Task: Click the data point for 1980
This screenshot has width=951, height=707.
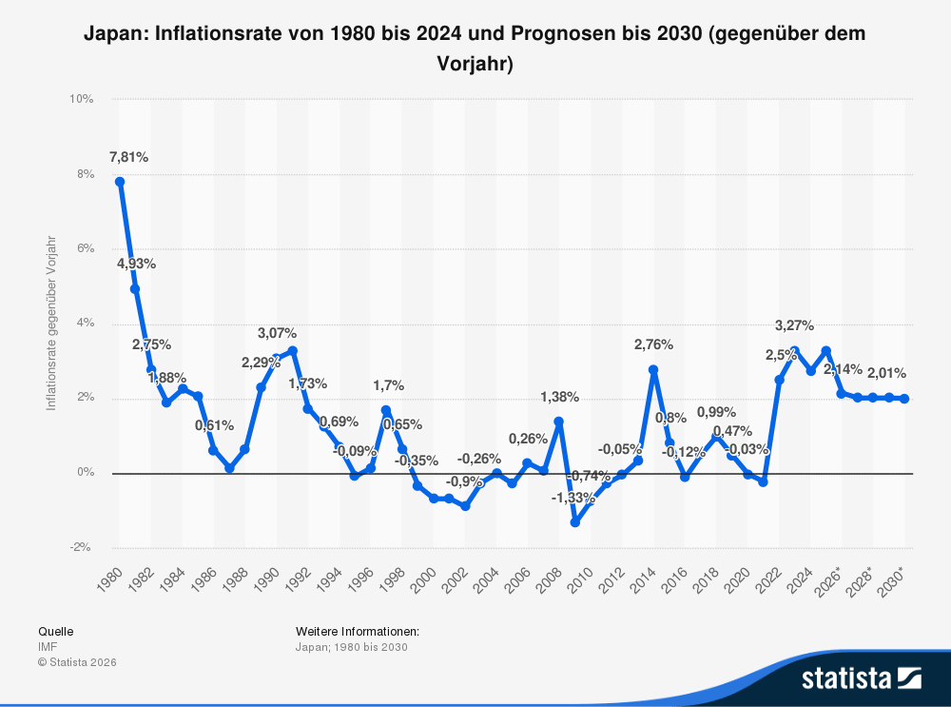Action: click(120, 182)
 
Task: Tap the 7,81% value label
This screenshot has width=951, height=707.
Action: click(128, 157)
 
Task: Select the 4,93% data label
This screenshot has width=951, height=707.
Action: click(136, 264)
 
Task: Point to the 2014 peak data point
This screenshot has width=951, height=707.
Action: click(653, 369)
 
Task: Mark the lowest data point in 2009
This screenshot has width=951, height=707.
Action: click(574, 522)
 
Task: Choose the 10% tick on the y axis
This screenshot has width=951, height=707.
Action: click(80, 99)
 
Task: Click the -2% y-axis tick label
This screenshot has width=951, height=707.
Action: click(80, 548)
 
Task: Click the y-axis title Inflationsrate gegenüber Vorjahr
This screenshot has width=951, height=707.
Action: click(51, 323)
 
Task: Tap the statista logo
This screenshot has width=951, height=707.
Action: click(861, 678)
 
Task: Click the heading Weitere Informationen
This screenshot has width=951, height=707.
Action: click(358, 631)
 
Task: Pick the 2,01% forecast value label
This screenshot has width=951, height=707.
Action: click(886, 373)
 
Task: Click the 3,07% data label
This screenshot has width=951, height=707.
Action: click(277, 333)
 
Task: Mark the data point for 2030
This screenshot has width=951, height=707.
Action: click(903, 399)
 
